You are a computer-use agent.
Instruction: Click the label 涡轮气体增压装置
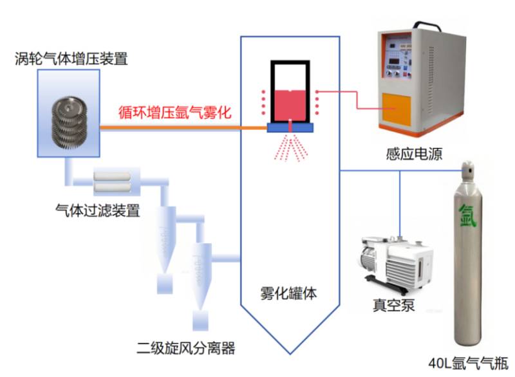pos(71,59)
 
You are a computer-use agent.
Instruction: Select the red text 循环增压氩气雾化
pos(174,112)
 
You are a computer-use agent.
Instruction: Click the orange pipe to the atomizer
pos(183,127)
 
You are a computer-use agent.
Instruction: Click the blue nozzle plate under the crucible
pos(290,127)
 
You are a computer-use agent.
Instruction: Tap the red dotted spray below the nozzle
pos(291,149)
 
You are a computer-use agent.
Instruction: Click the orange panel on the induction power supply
pos(396,109)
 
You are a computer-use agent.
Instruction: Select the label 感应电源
pos(414,154)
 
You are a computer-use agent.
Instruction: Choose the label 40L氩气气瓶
pos(469,363)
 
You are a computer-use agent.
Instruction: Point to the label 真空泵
pos(393,305)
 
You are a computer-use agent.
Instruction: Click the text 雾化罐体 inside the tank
pos(288,293)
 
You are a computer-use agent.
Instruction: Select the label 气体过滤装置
pos(98,210)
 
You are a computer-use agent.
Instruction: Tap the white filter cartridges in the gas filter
pos(112,182)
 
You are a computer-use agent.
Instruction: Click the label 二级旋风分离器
pos(186,348)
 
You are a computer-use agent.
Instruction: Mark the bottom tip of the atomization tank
pos(290,354)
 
